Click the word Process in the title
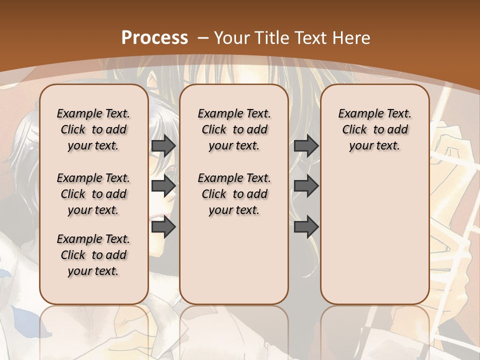[154, 37]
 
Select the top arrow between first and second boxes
[163, 145]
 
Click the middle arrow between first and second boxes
[163, 186]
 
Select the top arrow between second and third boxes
[306, 145]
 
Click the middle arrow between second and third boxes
[306, 186]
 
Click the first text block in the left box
[93, 129]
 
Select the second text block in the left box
[93, 194]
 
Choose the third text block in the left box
[93, 255]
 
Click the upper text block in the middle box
[234, 129]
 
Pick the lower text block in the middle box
[234, 194]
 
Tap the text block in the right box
[374, 129]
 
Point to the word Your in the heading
[232, 37]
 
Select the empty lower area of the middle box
[234, 260]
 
